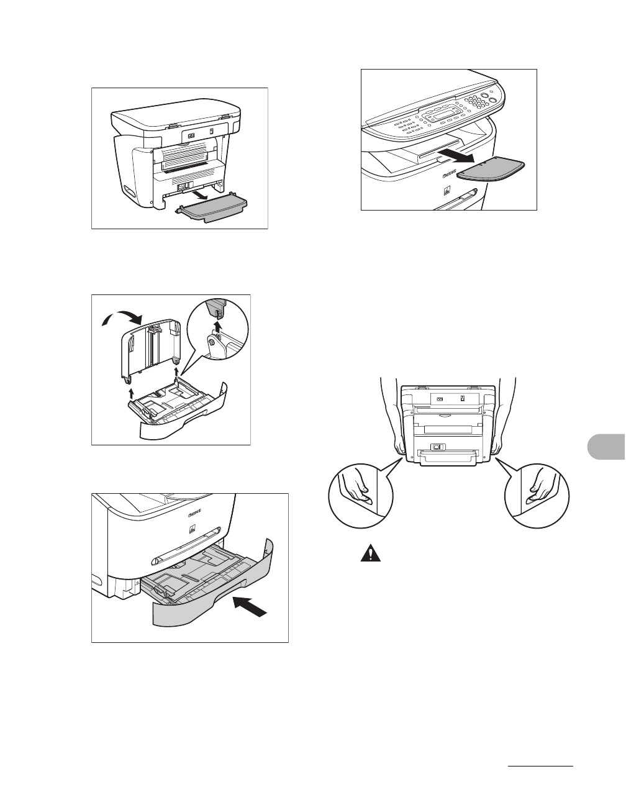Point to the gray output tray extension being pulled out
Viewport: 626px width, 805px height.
[x=491, y=170]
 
